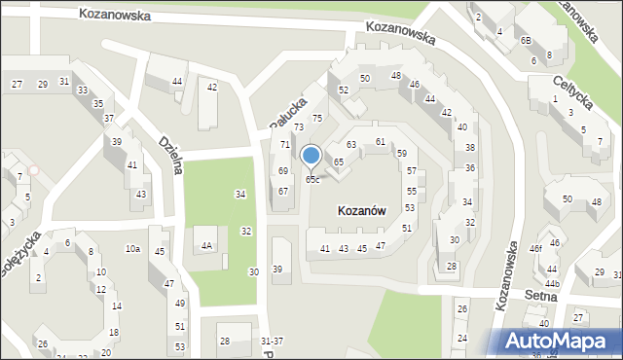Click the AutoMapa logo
pos(558,342)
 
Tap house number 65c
pos(311,180)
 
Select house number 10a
pos(132,249)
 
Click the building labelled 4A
pos(207,245)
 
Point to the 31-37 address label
pos(273,341)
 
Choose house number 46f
pos(535,249)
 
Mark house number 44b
pos(552,283)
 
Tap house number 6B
pos(526,41)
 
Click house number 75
pos(316,119)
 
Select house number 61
pos(381,142)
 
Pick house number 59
pos(402,154)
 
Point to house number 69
pos(283,171)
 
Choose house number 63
pos(351,145)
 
